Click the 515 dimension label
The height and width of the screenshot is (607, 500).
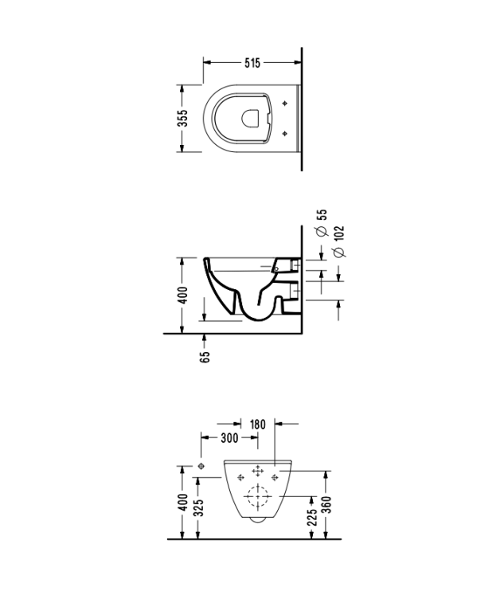[252, 63]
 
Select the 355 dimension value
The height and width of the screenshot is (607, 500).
[182, 118]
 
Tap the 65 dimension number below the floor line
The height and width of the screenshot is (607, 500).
[205, 357]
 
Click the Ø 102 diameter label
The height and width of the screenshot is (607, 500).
[338, 241]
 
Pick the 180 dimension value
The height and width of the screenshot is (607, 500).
[257, 425]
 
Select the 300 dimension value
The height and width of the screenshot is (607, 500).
[229, 438]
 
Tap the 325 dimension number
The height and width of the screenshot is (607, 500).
[198, 507]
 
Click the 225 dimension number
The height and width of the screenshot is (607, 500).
[312, 517]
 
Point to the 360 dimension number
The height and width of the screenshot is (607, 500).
[327, 504]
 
